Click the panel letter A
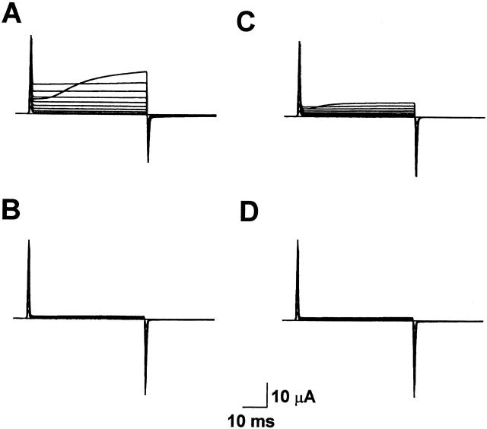pyautogui.click(x=11, y=14)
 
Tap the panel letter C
pyautogui.click(x=246, y=22)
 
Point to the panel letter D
pyautogui.click(x=249, y=212)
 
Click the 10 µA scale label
pyautogui.click(x=294, y=397)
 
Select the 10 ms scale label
pyautogui.click(x=251, y=421)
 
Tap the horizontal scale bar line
pyautogui.click(x=255, y=406)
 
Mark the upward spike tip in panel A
pyautogui.click(x=30, y=36)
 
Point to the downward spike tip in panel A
pyautogui.click(x=148, y=162)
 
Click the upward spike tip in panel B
pyautogui.click(x=29, y=240)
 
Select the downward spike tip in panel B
pyautogui.click(x=145, y=394)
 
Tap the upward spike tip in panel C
pyautogui.click(x=299, y=42)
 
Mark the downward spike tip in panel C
pyautogui.click(x=416, y=176)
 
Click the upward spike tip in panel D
pyautogui.click(x=298, y=240)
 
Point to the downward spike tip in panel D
pyautogui.click(x=414, y=397)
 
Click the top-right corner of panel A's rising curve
pyautogui.click(x=147, y=71)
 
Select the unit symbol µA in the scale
pyautogui.click(x=305, y=398)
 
